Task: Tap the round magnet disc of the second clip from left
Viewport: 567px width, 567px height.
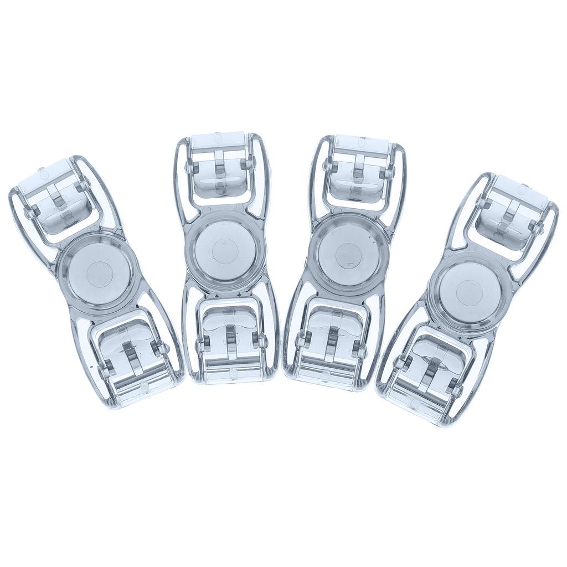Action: pos(224,250)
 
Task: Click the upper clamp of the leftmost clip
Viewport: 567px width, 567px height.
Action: pos(58,200)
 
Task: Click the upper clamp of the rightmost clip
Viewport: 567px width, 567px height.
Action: pos(511,213)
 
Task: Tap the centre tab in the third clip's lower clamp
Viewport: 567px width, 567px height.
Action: pos(332,341)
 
